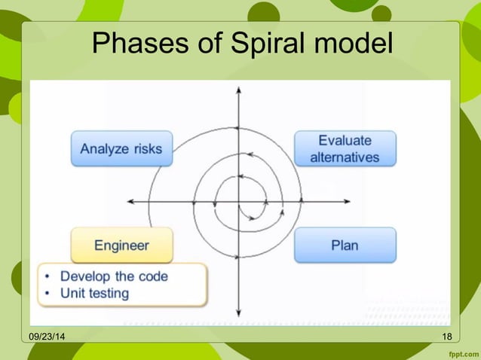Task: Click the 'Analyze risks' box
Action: (x=121, y=149)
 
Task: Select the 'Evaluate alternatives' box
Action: (x=345, y=149)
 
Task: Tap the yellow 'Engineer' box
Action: (x=121, y=246)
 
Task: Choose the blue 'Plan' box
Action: (x=345, y=246)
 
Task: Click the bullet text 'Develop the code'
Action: (x=114, y=276)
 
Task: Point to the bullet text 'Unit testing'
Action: (x=94, y=293)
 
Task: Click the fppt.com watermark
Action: (x=461, y=352)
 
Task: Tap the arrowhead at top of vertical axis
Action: (x=238, y=90)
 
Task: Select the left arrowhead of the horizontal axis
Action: (x=130, y=202)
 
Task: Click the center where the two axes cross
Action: (x=238, y=202)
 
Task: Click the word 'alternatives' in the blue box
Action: (x=345, y=158)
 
